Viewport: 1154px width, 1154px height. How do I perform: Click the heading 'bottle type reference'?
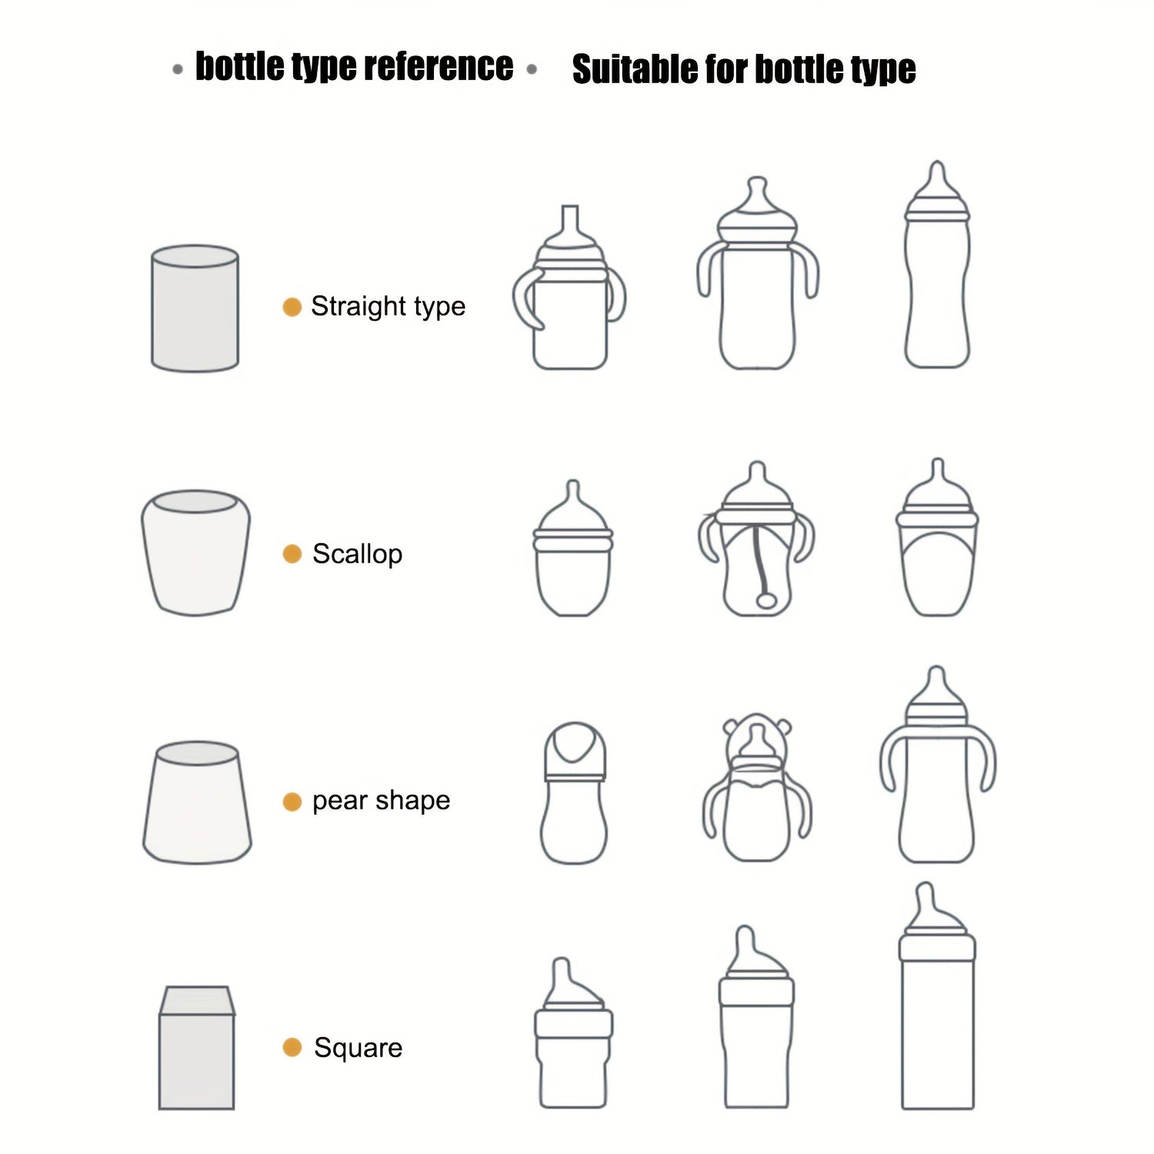[354, 67]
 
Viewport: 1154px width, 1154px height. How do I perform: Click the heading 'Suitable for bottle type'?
[744, 69]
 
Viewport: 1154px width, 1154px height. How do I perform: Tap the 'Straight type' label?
[388, 306]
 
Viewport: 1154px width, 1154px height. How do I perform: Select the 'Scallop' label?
[357, 554]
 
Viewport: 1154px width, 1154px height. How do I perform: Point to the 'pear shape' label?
[381, 801]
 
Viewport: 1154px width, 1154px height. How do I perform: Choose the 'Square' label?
[358, 1048]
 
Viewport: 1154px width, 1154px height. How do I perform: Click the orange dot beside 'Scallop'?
[292, 554]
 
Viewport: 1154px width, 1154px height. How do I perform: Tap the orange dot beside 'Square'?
[292, 1047]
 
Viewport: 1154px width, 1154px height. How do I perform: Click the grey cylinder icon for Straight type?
[195, 309]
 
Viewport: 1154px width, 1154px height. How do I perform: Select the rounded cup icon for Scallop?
[195, 552]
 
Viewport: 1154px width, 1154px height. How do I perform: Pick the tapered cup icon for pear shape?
[197, 802]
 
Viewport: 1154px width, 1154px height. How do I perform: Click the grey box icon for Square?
[196, 1048]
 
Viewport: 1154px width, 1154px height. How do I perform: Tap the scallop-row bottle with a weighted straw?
[757, 539]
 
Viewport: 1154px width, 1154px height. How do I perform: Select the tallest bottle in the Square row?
[937, 996]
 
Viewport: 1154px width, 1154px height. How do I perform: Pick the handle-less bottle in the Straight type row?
[936, 265]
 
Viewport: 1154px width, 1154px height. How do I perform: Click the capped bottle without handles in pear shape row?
[574, 792]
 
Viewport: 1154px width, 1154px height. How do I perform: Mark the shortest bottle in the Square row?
[573, 1032]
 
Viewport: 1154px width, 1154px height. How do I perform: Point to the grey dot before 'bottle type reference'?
[178, 70]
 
